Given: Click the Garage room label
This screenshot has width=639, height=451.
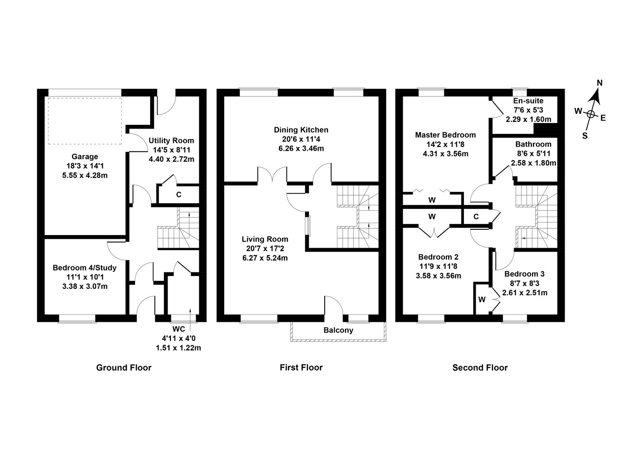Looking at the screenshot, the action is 85,156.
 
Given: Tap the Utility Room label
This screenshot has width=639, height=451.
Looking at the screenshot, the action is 171,140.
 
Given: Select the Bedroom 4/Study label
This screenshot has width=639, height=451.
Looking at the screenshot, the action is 84,268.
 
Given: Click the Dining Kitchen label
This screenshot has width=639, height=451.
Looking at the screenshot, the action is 301,130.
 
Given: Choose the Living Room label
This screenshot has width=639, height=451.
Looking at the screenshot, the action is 265,239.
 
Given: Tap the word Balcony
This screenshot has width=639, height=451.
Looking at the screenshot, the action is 338,330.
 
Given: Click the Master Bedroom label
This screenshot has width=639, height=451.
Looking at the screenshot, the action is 445,135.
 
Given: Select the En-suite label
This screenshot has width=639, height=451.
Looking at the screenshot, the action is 528,101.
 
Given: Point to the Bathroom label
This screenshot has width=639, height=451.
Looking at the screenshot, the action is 533,144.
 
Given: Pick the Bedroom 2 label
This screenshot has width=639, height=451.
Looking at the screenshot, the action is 438,257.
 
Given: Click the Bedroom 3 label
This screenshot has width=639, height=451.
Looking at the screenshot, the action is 524,274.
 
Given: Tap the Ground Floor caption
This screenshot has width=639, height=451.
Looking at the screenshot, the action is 124,367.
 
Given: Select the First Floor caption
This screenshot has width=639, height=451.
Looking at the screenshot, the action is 301,367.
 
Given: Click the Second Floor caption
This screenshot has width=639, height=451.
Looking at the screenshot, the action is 479,367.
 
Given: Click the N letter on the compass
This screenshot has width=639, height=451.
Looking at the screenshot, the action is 599,83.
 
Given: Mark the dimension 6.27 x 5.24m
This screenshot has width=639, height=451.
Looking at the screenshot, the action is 265,258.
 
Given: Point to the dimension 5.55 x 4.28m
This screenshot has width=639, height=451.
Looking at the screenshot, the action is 85,175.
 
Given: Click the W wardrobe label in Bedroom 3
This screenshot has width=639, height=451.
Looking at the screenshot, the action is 481,299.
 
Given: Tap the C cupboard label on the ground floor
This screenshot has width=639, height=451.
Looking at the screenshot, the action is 178,194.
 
